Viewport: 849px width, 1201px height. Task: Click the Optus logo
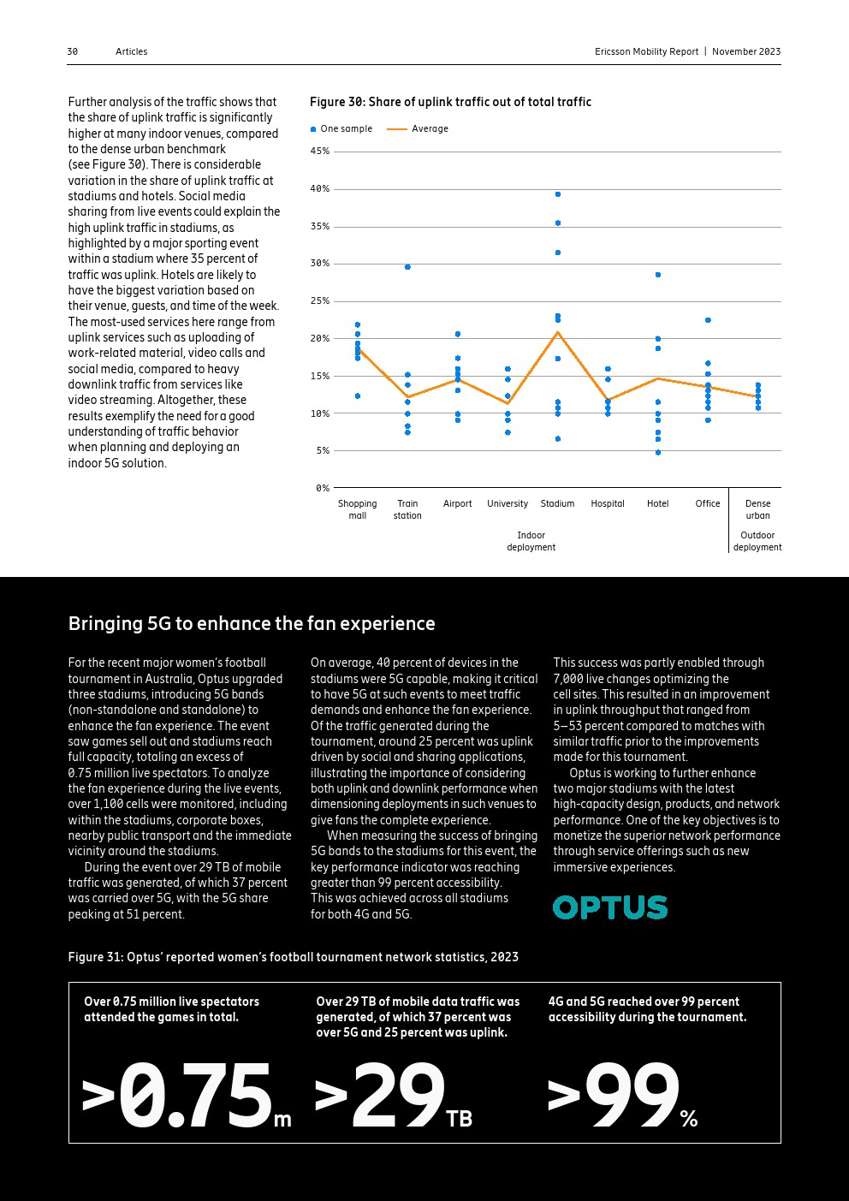609,907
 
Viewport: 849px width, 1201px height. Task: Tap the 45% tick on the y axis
319,152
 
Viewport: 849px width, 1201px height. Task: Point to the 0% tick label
322,488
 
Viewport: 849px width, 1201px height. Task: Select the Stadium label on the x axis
557,503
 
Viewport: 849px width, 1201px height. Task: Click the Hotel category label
657,503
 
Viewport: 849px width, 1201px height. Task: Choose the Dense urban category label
757,509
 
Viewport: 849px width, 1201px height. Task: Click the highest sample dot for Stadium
558,194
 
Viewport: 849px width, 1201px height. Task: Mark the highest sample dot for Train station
407,267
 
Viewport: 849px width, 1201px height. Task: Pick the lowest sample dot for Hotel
658,452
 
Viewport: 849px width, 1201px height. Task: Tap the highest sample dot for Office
708,320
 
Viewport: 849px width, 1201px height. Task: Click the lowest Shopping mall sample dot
358,396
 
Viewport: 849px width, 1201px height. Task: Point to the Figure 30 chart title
450,102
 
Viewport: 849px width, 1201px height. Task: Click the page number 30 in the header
72,51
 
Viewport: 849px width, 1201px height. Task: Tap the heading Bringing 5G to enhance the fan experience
252,623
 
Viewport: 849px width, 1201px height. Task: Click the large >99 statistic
613,1096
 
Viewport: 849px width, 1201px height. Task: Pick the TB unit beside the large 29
459,1118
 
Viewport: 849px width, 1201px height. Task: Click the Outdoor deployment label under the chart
757,541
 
